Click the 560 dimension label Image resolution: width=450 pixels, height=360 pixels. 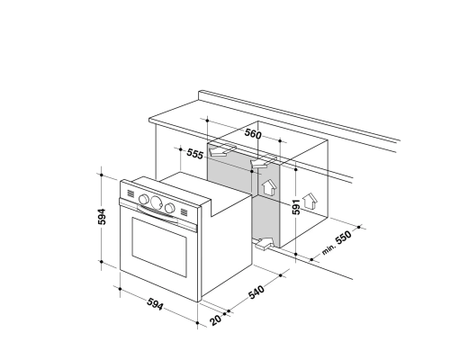point(253,133)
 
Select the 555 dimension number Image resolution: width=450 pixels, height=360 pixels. point(195,154)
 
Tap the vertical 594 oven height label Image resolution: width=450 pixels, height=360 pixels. point(102,217)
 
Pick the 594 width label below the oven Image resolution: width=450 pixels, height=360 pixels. point(156,304)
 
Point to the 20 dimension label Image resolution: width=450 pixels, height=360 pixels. point(216,319)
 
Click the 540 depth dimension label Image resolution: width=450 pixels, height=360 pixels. point(256,292)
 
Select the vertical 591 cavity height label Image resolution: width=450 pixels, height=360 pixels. point(296,207)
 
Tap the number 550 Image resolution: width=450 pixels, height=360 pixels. point(343,238)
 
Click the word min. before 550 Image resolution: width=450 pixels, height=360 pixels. point(328,249)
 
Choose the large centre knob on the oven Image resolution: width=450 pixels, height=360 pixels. point(156,202)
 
